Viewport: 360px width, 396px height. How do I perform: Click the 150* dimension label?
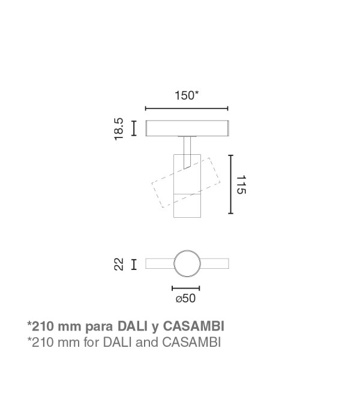tap(187, 95)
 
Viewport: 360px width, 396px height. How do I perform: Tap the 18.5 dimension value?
tap(119, 129)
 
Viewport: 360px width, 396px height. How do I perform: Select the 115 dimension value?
tap(241, 185)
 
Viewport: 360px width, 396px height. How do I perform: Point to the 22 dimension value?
tap(119, 265)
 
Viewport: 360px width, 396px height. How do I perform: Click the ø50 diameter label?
tap(185, 298)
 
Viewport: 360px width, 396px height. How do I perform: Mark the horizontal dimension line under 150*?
tap(187, 109)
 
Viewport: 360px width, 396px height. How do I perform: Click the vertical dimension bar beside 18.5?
tap(134, 128)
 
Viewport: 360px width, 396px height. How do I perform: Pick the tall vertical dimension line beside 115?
tap(230, 184)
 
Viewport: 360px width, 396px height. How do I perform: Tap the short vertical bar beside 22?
tap(134, 265)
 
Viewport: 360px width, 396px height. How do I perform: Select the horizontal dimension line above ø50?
tap(185, 288)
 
